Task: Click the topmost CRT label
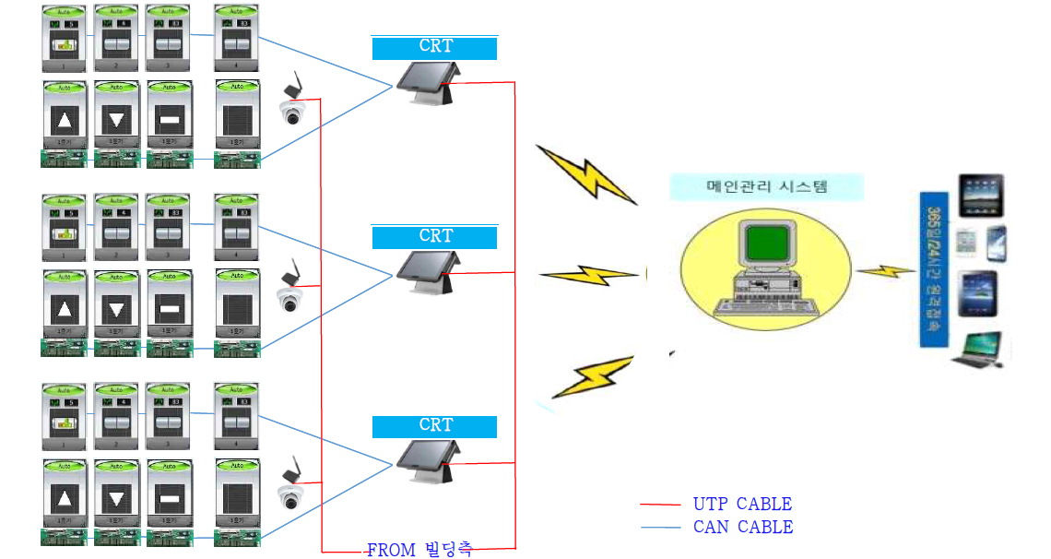point(434,48)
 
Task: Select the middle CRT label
point(434,237)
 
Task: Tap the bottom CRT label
point(434,426)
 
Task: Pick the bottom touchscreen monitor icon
point(424,458)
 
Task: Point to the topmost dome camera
point(292,113)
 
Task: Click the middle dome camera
point(290,298)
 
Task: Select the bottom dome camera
point(292,497)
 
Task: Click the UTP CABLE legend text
point(742,505)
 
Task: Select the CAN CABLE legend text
point(742,528)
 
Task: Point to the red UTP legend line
point(661,505)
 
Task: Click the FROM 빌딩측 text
point(419,551)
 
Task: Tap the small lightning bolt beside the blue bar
point(884,270)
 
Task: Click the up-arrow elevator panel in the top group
point(64,120)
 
